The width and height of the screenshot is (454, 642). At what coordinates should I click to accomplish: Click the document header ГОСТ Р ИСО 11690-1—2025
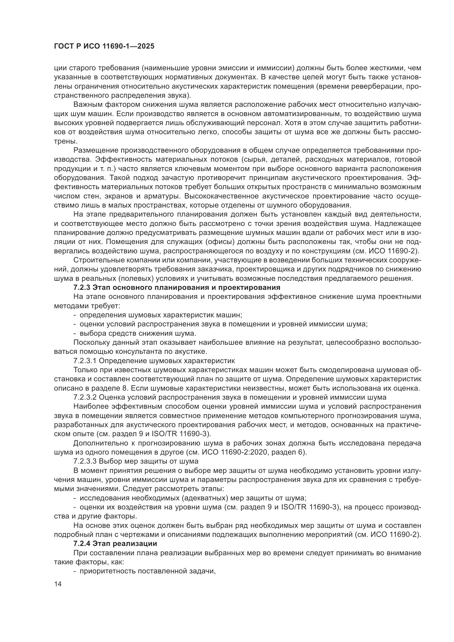coord(104,46)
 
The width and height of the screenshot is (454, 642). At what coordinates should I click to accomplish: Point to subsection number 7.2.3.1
coord(85,361)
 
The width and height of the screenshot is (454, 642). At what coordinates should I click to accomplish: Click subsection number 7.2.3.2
coord(85,397)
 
